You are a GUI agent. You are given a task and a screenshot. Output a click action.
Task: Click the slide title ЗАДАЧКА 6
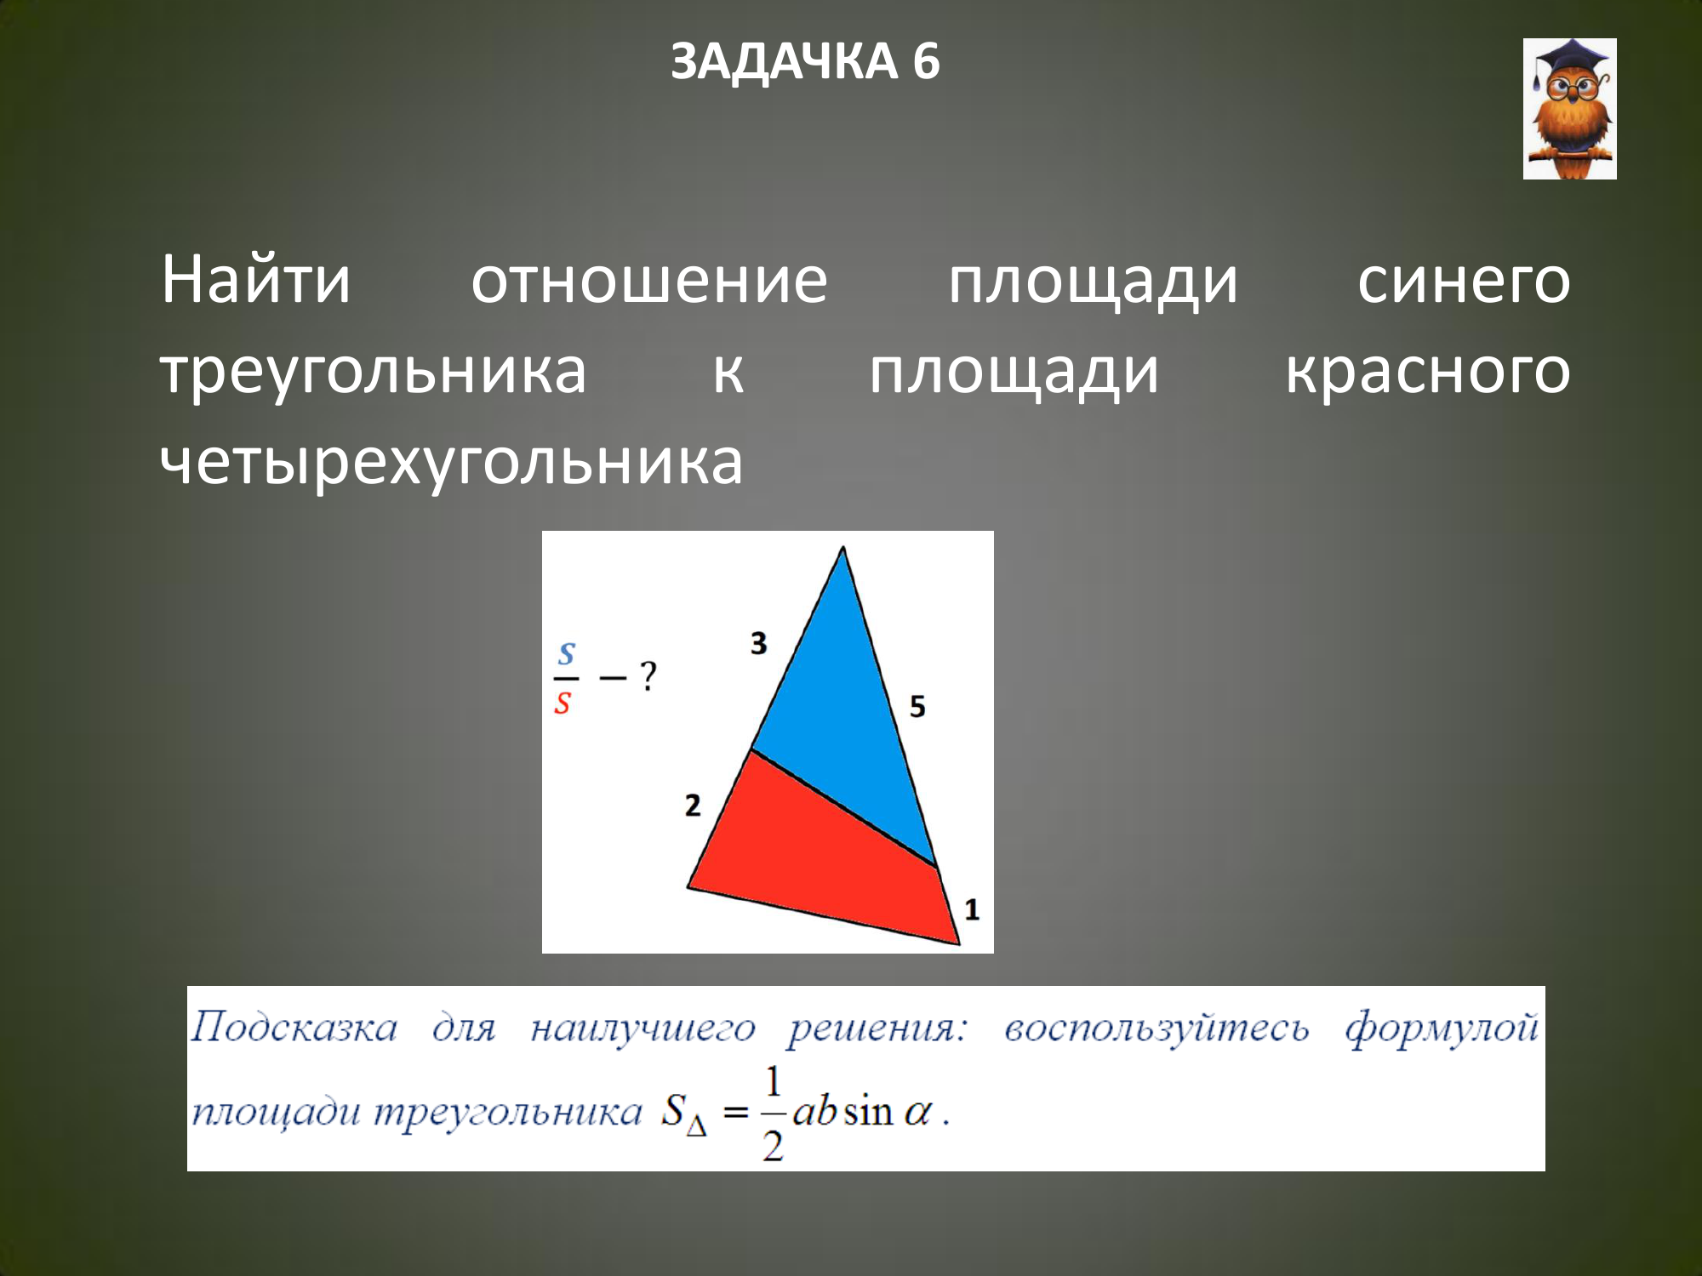tap(805, 61)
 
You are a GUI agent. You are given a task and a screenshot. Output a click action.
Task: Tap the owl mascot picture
tap(1569, 109)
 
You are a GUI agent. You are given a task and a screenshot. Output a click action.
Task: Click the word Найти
tap(255, 279)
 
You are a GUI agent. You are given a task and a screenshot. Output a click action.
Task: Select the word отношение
tap(649, 281)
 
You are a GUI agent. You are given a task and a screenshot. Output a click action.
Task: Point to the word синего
tap(1464, 282)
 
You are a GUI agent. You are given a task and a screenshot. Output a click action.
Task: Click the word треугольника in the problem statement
tap(374, 373)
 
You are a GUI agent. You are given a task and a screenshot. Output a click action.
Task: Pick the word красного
tap(1428, 373)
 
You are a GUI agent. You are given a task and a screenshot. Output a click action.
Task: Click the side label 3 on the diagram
tap(759, 643)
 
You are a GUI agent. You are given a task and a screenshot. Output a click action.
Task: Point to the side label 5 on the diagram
tap(917, 706)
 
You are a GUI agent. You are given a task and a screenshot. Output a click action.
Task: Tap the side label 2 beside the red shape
tap(693, 805)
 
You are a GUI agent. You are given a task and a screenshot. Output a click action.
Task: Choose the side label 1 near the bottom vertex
tap(972, 910)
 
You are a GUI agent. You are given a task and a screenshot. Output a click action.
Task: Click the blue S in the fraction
tap(567, 654)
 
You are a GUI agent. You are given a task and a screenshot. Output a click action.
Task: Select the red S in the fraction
tap(563, 704)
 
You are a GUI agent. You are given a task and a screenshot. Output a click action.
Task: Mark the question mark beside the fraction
tap(648, 676)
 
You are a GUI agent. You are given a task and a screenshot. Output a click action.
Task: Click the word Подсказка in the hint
tap(294, 1028)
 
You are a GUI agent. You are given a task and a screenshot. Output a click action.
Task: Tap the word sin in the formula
tap(868, 1112)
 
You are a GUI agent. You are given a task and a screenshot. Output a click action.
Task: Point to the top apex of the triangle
tap(843, 547)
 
